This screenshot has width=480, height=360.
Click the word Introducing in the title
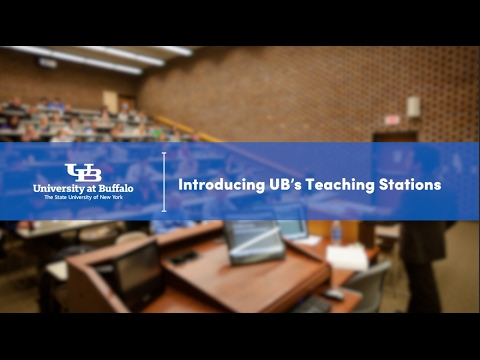tap(217, 184)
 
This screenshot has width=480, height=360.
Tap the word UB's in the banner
tap(279, 184)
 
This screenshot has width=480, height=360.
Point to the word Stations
tap(410, 184)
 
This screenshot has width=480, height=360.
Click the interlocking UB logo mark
tap(83, 172)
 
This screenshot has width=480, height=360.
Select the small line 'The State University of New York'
tap(83, 198)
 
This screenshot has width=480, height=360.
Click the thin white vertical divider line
tap(164, 181)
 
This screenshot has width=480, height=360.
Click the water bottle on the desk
tap(336, 233)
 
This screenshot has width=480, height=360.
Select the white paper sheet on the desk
tap(347, 256)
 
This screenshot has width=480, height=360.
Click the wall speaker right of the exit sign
tap(413, 107)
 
